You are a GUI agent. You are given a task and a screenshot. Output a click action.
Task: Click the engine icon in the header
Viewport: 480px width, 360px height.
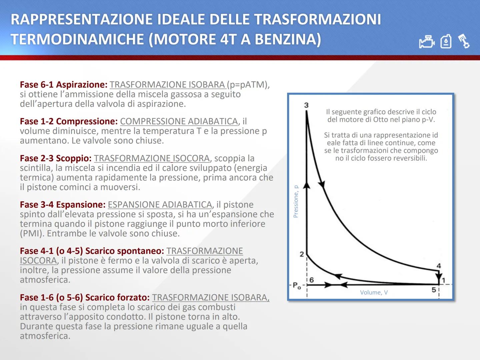427,42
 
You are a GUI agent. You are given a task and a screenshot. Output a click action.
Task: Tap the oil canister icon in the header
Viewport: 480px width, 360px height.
446,42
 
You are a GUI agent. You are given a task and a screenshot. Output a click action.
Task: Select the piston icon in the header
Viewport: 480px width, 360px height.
464,41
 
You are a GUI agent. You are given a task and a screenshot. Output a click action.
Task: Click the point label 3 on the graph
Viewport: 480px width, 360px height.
306,105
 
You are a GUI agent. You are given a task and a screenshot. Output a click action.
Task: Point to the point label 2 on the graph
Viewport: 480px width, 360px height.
302,254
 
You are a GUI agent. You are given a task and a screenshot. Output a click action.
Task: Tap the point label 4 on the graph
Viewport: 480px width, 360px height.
439,266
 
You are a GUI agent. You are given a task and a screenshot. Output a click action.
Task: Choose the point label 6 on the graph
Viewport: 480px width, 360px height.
311,280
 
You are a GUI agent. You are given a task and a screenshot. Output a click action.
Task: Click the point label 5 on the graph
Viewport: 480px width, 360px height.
434,290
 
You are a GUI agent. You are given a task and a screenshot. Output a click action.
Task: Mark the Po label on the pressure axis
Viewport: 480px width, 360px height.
296,286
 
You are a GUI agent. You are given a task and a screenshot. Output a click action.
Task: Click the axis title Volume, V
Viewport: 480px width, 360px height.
374,293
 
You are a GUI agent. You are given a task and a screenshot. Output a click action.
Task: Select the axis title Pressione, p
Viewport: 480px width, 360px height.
296,201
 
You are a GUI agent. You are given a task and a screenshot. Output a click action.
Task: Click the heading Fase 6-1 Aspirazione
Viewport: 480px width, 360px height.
64,85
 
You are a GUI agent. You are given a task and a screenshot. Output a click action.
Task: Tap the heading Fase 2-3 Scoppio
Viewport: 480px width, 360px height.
56,158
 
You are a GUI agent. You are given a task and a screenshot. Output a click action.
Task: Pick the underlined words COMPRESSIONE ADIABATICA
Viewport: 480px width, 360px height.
179,121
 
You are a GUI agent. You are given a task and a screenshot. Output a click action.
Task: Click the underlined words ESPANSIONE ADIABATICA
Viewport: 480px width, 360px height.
160,205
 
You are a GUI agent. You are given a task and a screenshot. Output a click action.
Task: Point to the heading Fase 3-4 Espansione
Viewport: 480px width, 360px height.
63,205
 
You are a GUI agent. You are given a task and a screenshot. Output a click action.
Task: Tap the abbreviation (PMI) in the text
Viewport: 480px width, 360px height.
32,234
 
